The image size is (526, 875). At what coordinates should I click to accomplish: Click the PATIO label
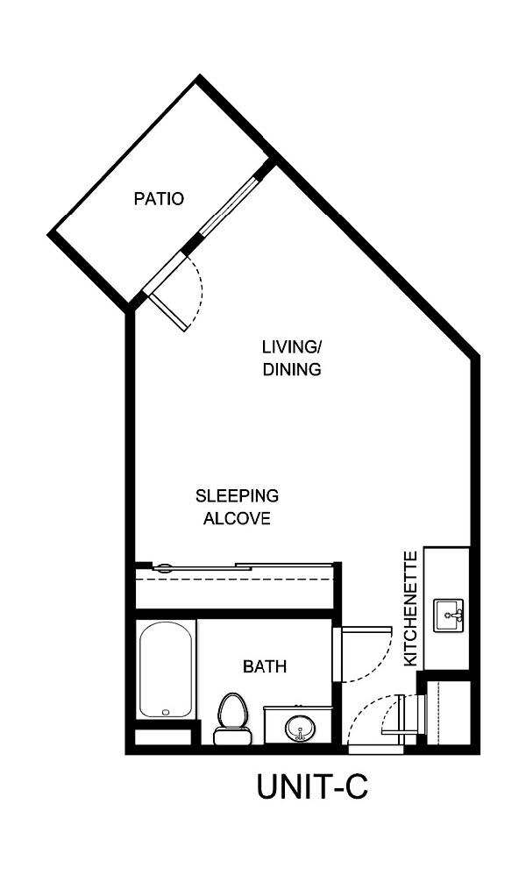click(159, 199)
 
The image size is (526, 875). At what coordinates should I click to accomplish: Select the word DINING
click(292, 369)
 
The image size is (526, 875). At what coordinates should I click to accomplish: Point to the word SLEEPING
click(237, 495)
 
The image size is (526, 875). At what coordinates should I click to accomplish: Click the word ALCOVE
click(237, 518)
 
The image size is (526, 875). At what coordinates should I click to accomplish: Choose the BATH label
click(265, 667)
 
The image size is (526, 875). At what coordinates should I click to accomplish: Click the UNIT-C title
click(312, 786)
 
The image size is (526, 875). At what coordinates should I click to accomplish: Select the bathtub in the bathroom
click(165, 671)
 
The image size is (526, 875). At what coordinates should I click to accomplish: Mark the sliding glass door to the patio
click(230, 209)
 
